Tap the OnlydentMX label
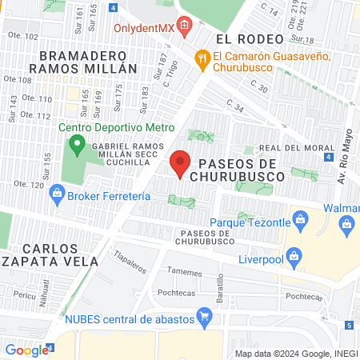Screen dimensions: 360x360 pyautogui.click(x=144, y=27)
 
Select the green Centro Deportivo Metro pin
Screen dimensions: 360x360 pyautogui.click(x=78, y=145)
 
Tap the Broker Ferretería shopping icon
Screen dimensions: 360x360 pyautogui.click(x=56, y=194)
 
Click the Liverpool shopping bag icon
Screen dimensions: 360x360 pyautogui.click(x=294, y=258)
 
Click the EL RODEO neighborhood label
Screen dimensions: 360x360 pyautogui.click(x=250, y=38)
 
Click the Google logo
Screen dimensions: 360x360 pyautogui.click(x=26, y=350)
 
